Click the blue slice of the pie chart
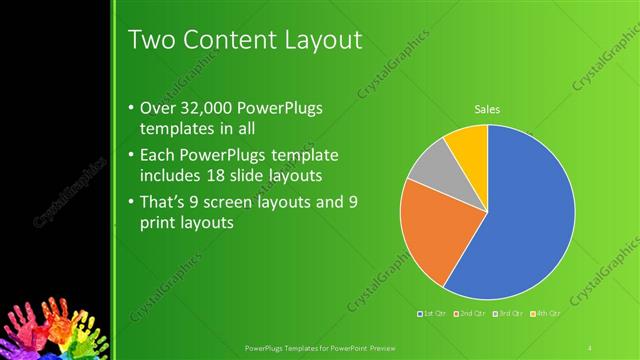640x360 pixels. pyautogui.click(x=520, y=220)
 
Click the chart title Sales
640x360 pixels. pyautogui.click(x=487, y=109)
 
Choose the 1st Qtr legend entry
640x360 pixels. pyautogui.click(x=432, y=314)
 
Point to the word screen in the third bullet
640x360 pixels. pyautogui.click(x=238, y=202)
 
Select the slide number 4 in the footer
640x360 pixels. pyautogui.click(x=591, y=347)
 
